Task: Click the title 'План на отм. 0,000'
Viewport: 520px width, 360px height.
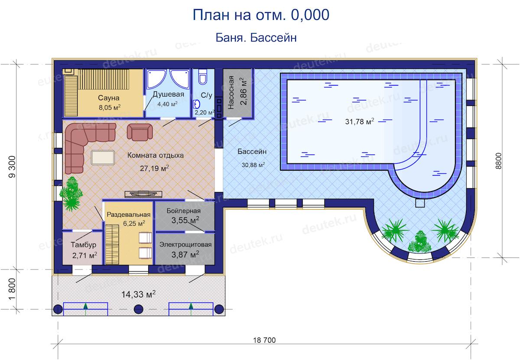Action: pyautogui.click(x=261, y=15)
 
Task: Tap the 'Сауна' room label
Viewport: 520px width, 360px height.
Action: pyautogui.click(x=109, y=98)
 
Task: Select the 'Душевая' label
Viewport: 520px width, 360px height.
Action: pyautogui.click(x=168, y=94)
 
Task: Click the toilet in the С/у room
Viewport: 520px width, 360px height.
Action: pyautogui.click(x=202, y=77)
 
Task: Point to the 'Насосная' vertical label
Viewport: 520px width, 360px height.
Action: pyautogui.click(x=231, y=93)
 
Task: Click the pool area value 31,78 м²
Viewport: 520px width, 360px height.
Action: pyautogui.click(x=360, y=121)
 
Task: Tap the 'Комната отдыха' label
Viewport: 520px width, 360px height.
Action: pyautogui.click(x=155, y=155)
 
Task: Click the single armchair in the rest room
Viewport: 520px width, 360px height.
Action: pyautogui.click(x=140, y=132)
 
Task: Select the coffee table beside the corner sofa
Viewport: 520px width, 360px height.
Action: pyautogui.click(x=103, y=158)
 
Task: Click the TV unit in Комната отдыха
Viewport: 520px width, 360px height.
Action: pyautogui.click(x=143, y=194)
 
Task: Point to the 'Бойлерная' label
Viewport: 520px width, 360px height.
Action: pyautogui.click(x=183, y=211)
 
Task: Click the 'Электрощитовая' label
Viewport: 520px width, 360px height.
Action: pyautogui.click(x=185, y=244)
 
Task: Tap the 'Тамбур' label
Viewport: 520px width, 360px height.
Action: pyautogui.click(x=83, y=245)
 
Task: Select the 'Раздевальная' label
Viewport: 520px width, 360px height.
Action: pyautogui.click(x=129, y=214)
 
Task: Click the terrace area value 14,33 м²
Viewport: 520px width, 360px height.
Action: pyautogui.click(x=138, y=294)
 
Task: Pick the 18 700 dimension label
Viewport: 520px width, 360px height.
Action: pyautogui.click(x=264, y=340)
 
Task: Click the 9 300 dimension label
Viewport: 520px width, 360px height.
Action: pyautogui.click(x=12, y=167)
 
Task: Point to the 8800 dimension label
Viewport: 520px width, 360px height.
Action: pyautogui.click(x=498, y=161)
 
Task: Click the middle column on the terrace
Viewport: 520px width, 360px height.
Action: pyautogui.click(x=139, y=309)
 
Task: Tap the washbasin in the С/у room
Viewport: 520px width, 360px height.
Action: pyautogui.click(x=196, y=104)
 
